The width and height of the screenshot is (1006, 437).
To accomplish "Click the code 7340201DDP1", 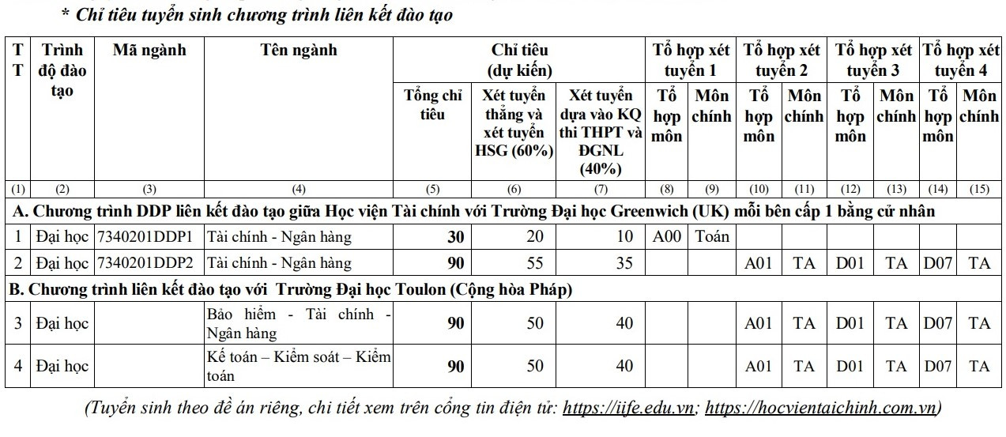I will pyautogui.click(x=149, y=235).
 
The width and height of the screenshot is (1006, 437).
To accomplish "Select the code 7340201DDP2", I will pyautogui.click(x=149, y=262).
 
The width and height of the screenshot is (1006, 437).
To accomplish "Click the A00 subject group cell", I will pyautogui.click(x=667, y=235).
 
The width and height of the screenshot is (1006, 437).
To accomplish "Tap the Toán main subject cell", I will pyautogui.click(x=711, y=235).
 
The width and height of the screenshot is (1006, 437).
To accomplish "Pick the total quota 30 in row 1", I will pyautogui.click(x=456, y=235).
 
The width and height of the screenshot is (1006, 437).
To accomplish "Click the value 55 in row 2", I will pyautogui.click(x=535, y=262).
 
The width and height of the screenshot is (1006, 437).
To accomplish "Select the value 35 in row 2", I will pyautogui.click(x=624, y=262).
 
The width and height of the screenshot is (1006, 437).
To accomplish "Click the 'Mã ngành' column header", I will pyautogui.click(x=149, y=51).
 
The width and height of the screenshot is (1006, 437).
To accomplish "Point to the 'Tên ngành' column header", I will pyautogui.click(x=298, y=51).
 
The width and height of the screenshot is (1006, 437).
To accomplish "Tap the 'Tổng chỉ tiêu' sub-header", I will pyautogui.click(x=432, y=105).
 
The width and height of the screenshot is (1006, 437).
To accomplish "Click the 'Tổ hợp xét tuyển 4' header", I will pyautogui.click(x=960, y=60).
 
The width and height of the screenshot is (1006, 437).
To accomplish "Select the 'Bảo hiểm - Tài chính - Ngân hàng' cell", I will pyautogui.click(x=298, y=323).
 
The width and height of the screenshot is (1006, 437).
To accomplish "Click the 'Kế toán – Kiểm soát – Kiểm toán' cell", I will pyautogui.click(x=298, y=366).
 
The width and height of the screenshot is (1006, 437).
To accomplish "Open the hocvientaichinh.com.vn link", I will pyautogui.click(x=821, y=409).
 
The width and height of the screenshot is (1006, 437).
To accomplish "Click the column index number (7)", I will pyautogui.click(x=601, y=190).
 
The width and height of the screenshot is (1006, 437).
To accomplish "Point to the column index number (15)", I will pyautogui.click(x=979, y=190).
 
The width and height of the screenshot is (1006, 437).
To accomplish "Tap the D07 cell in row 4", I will pyautogui.click(x=937, y=366).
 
